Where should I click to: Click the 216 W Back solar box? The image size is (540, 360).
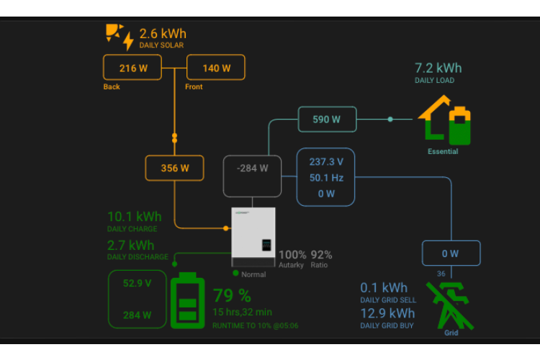[132, 68]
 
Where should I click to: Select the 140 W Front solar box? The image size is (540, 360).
[216, 68]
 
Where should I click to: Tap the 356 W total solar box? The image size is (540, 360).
[174, 168]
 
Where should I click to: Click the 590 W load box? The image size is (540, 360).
[327, 119]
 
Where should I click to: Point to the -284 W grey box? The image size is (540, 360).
[252, 168]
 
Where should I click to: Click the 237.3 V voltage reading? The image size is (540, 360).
[326, 161]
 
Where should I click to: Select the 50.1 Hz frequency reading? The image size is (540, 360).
[326, 177]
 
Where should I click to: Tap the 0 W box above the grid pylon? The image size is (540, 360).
[450, 253]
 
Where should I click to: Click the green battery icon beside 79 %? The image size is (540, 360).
[187, 301]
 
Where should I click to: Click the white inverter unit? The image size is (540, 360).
[253, 237]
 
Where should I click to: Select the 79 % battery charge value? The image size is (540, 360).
[232, 295]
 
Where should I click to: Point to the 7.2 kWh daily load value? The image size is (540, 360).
[438, 68]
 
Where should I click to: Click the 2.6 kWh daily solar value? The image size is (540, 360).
[163, 33]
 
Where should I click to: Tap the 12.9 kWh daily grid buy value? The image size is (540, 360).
[387, 313]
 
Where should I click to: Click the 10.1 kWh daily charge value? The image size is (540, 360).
[135, 217]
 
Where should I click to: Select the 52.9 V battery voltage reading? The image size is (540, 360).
[137, 283]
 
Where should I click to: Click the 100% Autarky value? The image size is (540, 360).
[292, 254]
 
